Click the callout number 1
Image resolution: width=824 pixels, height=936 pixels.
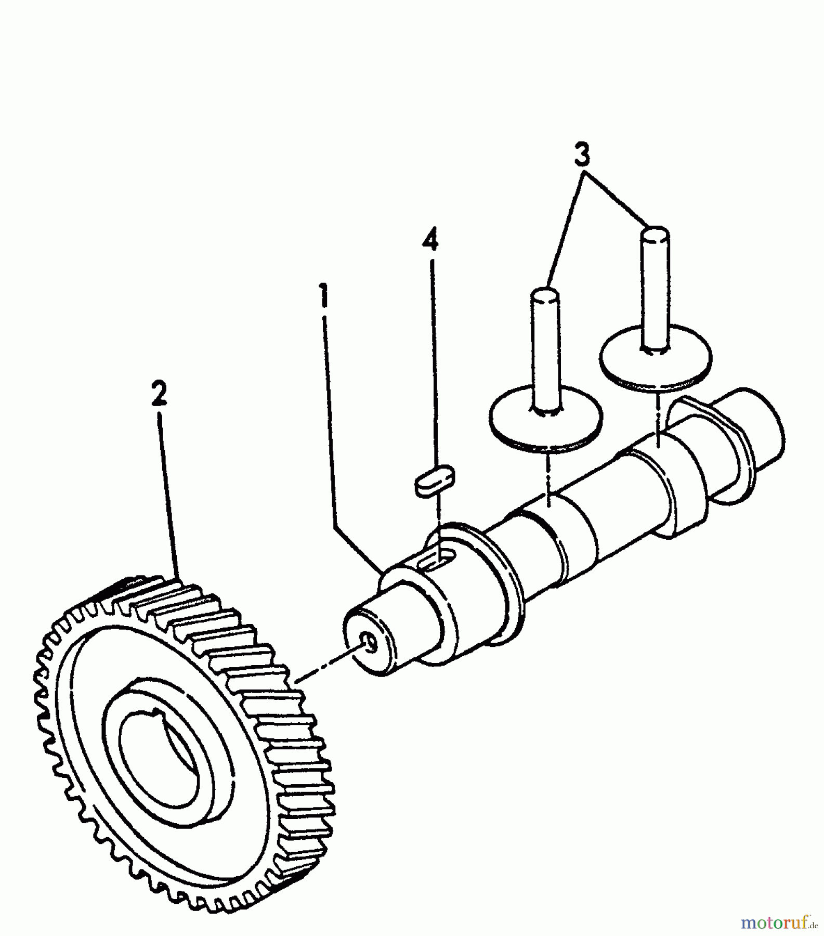click(324, 294)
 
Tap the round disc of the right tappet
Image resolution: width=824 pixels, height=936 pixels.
click(656, 357)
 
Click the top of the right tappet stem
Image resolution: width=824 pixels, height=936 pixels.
click(654, 232)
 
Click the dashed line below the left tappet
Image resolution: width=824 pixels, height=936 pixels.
click(548, 477)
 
